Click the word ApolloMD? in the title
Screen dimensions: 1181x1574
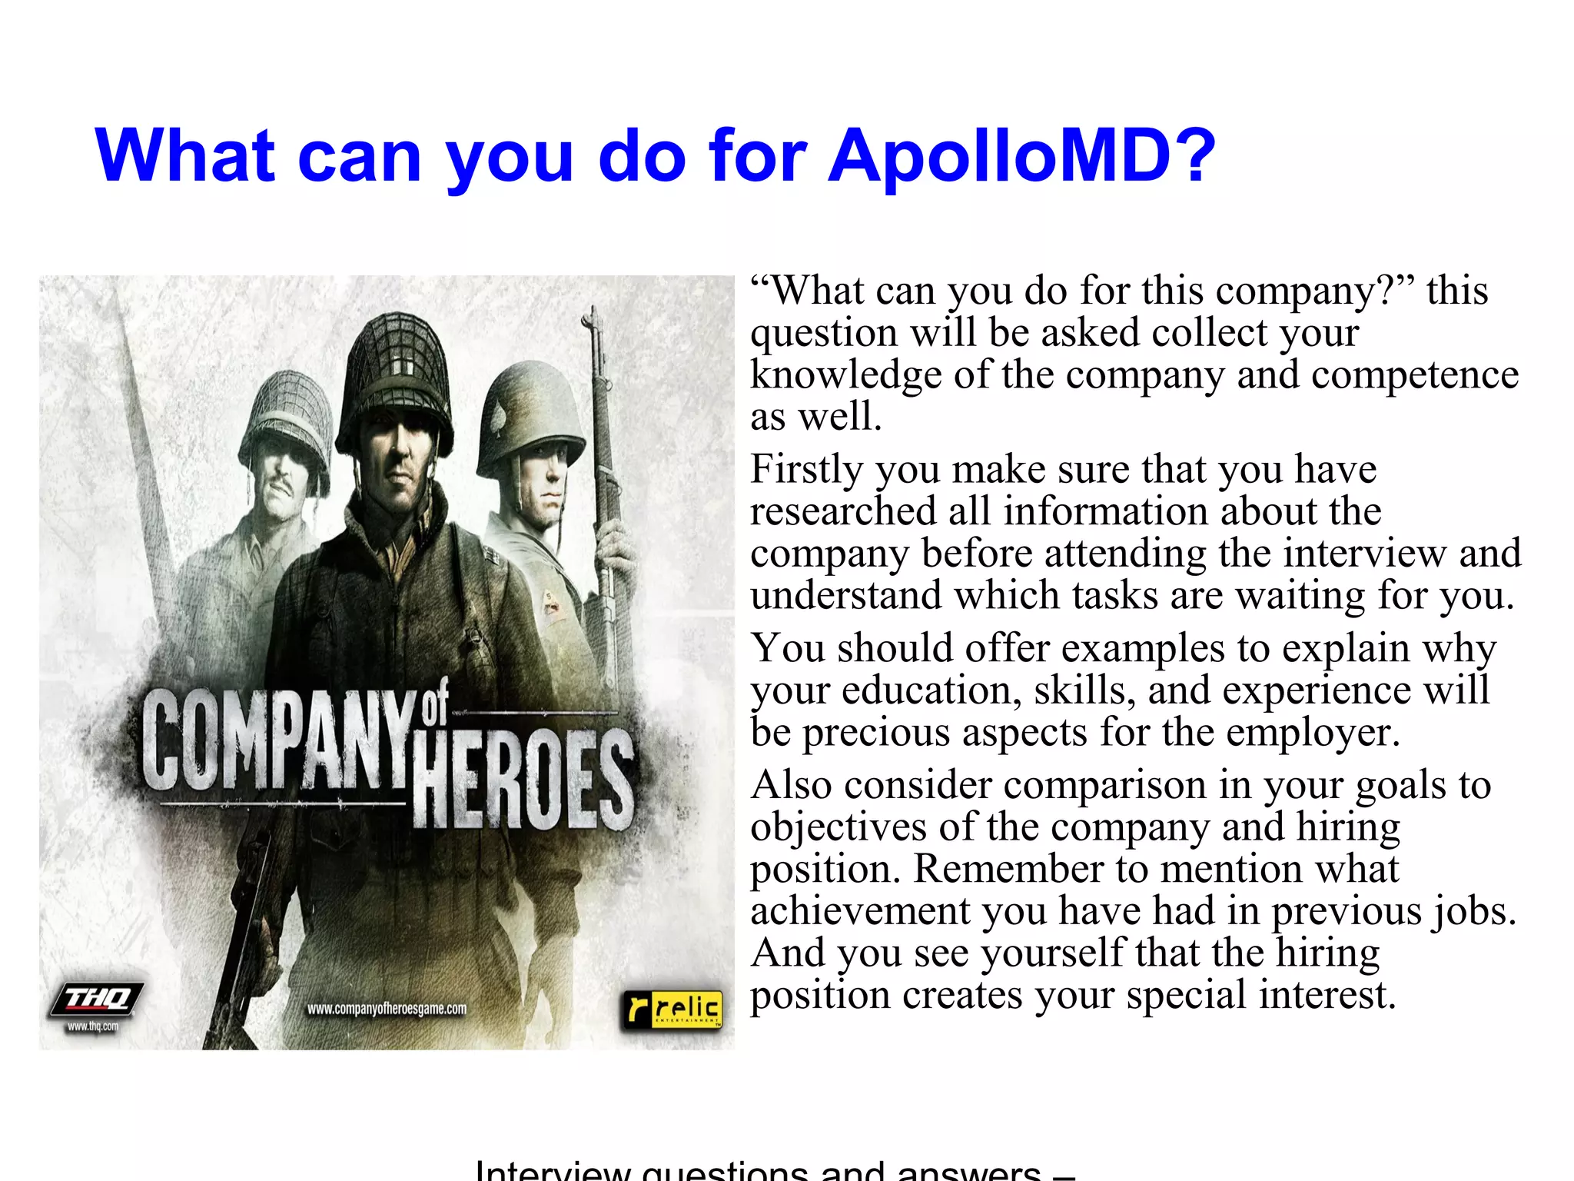click(1021, 156)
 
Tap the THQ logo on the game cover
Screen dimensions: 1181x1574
click(97, 1000)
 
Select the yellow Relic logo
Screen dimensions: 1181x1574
click(673, 1009)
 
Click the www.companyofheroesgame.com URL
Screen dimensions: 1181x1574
click(387, 1009)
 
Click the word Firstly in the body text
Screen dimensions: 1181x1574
click(805, 469)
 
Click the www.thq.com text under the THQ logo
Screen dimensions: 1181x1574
click(92, 1026)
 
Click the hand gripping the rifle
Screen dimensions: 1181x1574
click(615, 554)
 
